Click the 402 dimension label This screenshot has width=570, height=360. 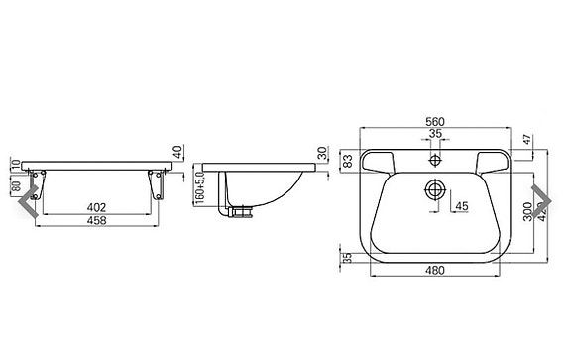(x=96, y=207)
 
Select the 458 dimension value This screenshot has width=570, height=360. (x=96, y=220)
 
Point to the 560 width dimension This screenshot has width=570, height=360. (x=435, y=121)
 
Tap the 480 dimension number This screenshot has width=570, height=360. (x=434, y=269)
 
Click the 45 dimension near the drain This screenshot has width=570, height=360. (x=461, y=206)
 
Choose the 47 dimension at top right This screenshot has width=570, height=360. (x=526, y=142)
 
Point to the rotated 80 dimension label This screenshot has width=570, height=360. (x=16, y=184)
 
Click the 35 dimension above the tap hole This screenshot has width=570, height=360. (x=435, y=133)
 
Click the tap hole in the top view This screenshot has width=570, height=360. (x=435, y=159)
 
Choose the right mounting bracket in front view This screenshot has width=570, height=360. (x=157, y=183)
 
